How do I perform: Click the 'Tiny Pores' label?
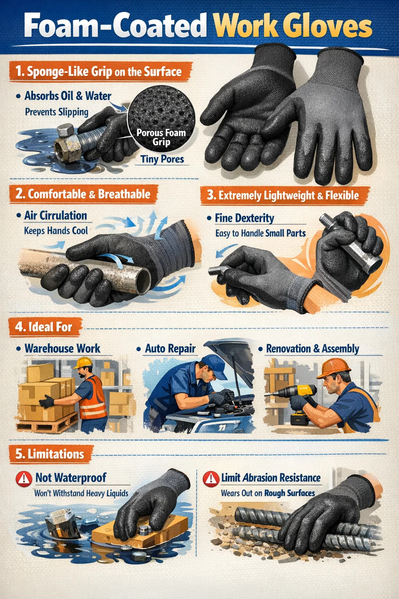click(162, 159)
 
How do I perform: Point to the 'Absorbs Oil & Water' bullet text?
click(68, 96)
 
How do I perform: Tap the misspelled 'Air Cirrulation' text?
click(56, 216)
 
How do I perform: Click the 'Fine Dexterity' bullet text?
click(244, 218)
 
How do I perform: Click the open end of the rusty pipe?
click(143, 281)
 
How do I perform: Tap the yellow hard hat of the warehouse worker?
click(84, 363)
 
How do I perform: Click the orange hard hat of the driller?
click(334, 369)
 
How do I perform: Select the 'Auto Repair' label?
click(170, 349)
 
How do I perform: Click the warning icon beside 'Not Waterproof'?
click(24, 478)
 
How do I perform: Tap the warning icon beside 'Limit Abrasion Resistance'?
click(211, 478)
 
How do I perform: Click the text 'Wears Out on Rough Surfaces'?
click(268, 493)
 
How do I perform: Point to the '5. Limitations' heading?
click(50, 454)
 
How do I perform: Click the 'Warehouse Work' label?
click(62, 349)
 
